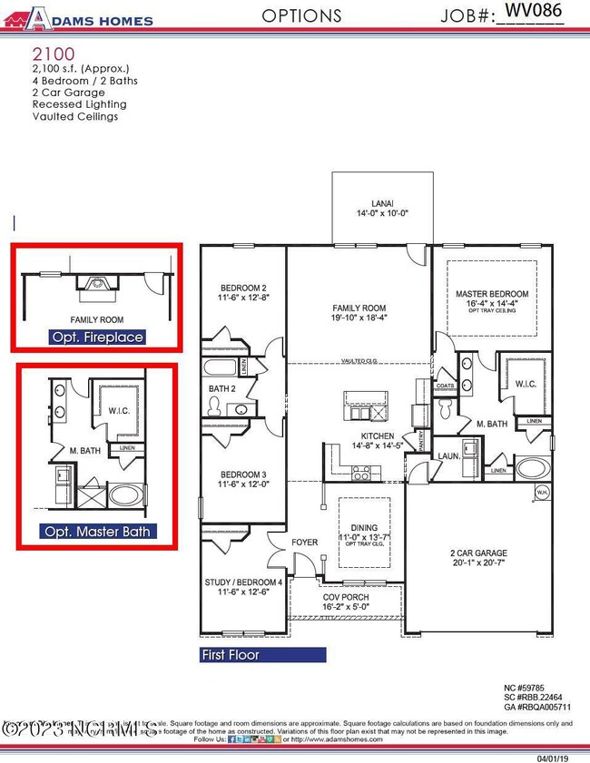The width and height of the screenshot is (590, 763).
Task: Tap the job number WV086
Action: [x=533, y=10]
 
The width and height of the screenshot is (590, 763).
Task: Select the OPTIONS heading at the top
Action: [x=301, y=15]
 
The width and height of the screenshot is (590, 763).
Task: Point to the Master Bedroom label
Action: [x=491, y=294]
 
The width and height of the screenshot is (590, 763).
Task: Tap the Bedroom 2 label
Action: [x=241, y=289]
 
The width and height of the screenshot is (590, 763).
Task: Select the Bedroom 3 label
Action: [x=241, y=474]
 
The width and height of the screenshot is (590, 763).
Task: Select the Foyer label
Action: [x=304, y=543]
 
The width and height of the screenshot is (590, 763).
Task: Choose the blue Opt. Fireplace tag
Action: [x=97, y=337]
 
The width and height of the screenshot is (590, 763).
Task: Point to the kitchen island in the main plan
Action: [x=363, y=405]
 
